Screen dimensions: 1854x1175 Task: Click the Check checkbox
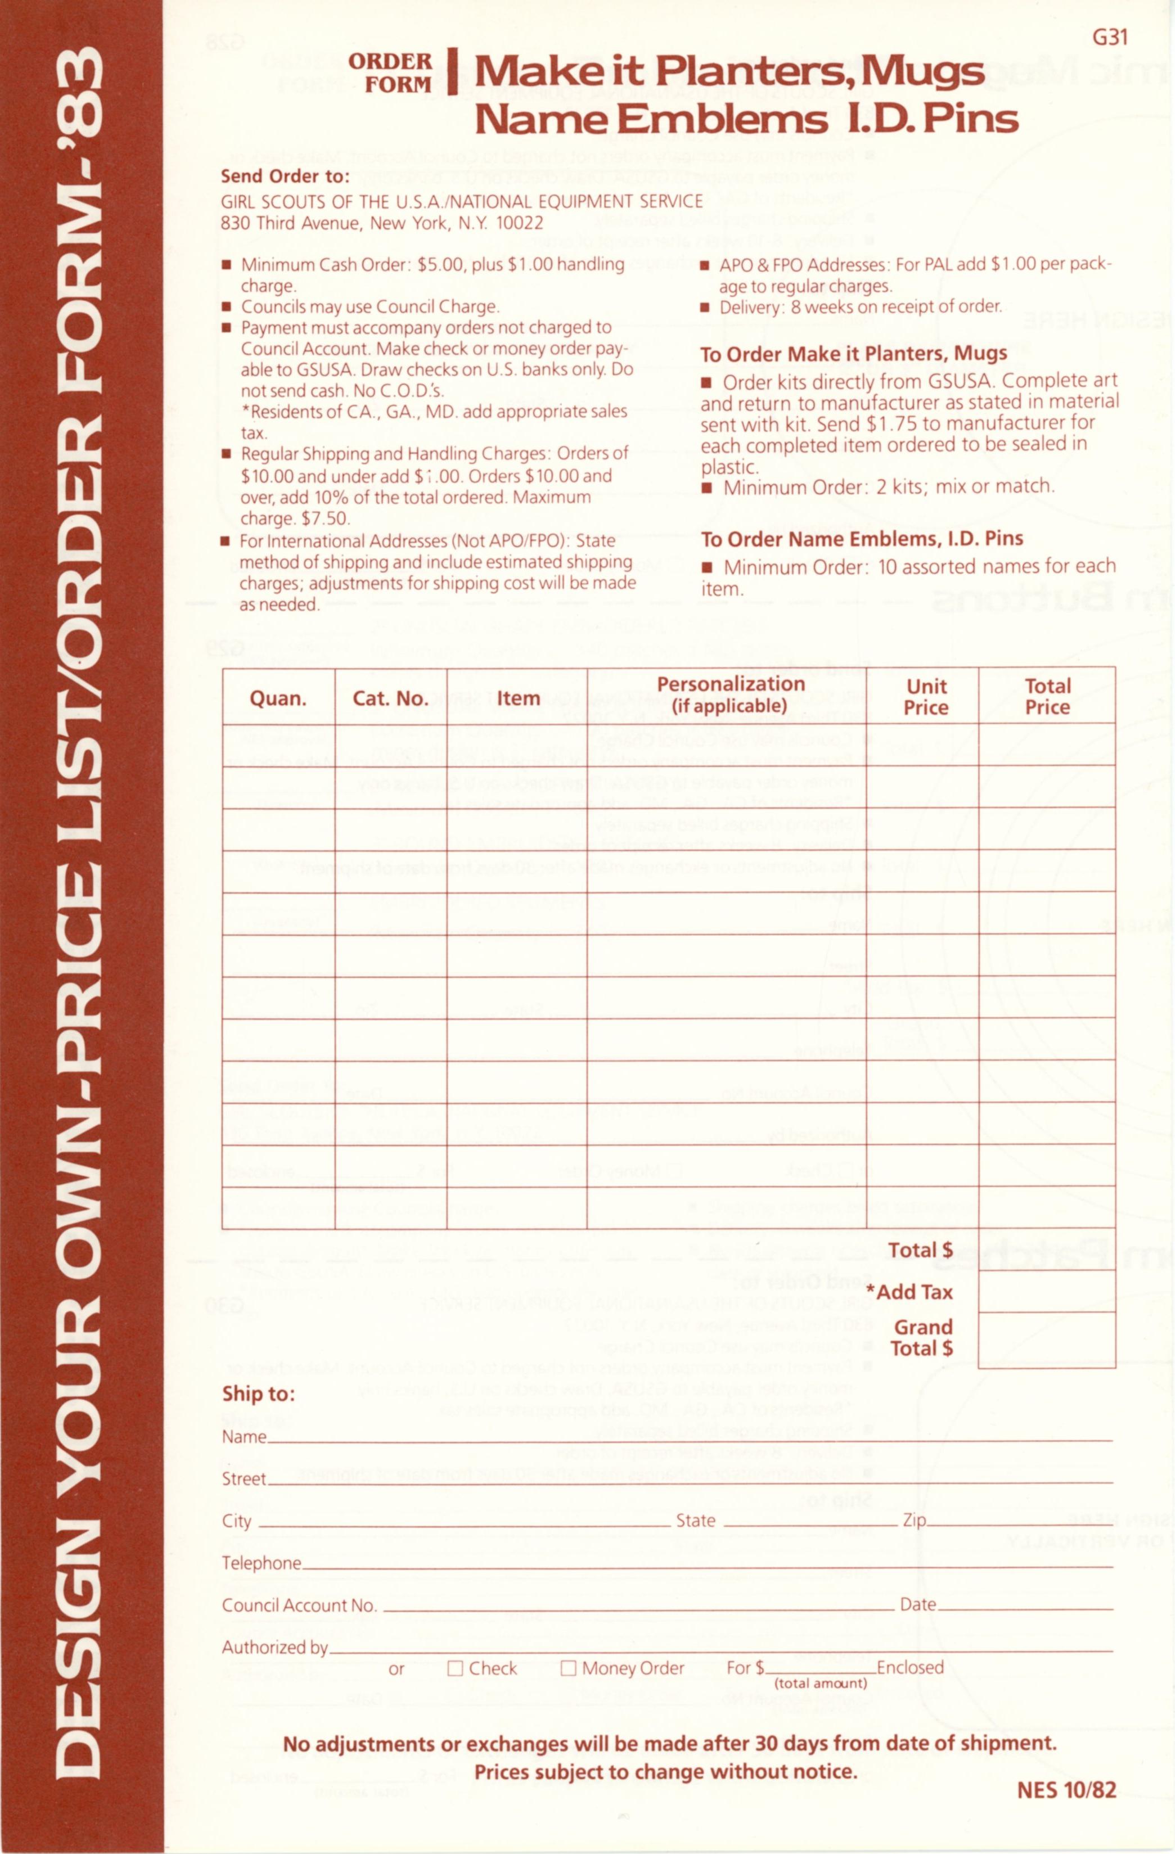coord(455,1668)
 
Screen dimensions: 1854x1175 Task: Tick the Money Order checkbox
coord(568,1668)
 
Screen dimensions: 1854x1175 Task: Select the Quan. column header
coord(278,698)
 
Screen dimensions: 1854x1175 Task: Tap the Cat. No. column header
coord(390,698)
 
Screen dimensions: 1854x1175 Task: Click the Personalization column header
coord(730,694)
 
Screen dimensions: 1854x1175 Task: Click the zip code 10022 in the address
coord(519,223)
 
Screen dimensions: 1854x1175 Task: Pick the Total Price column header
coord(1047,697)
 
